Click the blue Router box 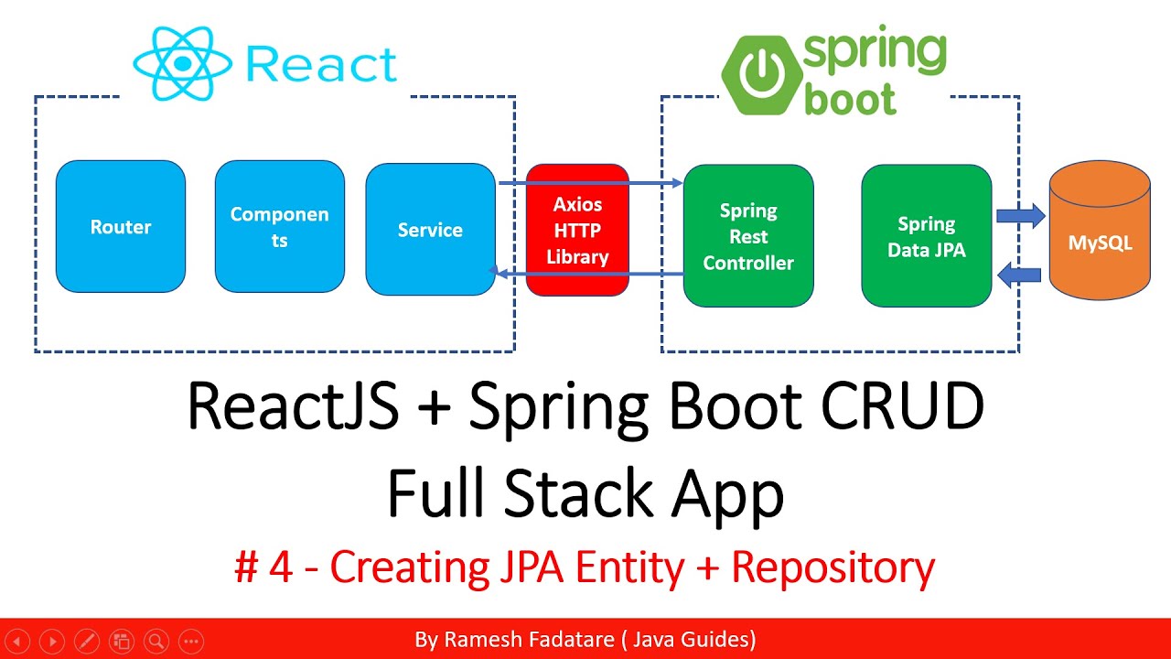[121, 227]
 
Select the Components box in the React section [280, 227]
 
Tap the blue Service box [430, 230]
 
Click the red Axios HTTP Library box [577, 230]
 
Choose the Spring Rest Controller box [748, 236]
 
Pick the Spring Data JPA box [926, 236]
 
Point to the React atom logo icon [183, 63]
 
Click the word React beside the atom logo [321, 65]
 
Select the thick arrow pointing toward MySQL [1020, 216]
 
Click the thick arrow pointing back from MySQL [1020, 273]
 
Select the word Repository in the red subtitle [833, 567]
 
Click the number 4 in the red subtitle [281, 567]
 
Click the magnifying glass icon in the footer [156, 641]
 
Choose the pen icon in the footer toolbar [86, 641]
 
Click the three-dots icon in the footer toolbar [190, 641]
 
